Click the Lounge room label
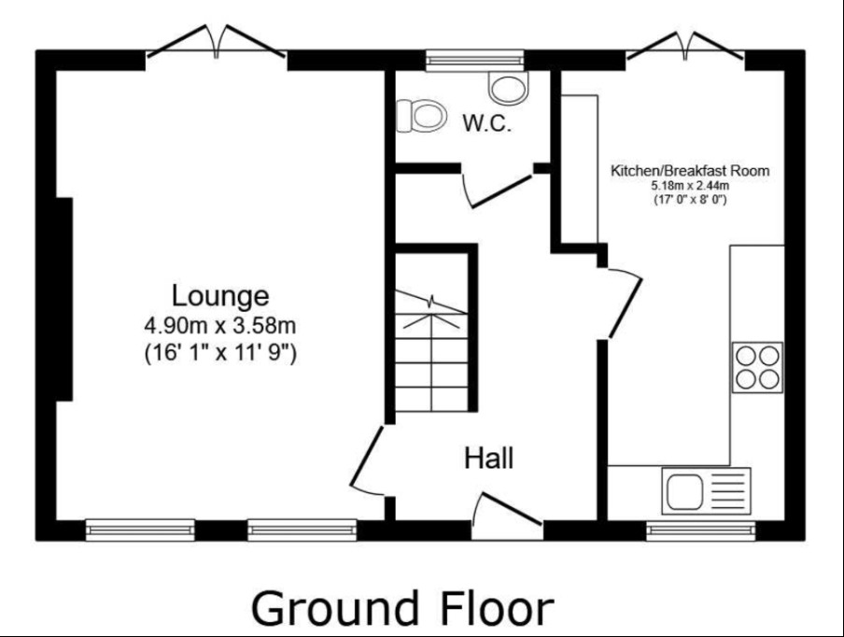[220, 296]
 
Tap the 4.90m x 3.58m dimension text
[220, 325]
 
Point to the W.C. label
[487, 124]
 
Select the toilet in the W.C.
[421, 115]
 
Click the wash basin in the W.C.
[509, 88]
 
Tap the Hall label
[488, 459]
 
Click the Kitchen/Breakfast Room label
[690, 171]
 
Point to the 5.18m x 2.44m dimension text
[690, 186]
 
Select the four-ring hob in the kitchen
[757, 367]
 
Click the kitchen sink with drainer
[706, 490]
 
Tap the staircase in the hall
[431, 350]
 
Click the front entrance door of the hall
[507, 509]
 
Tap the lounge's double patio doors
[217, 41]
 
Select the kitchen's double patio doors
[685, 45]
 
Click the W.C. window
[474, 61]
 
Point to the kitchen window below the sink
[701, 531]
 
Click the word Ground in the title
[335, 608]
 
